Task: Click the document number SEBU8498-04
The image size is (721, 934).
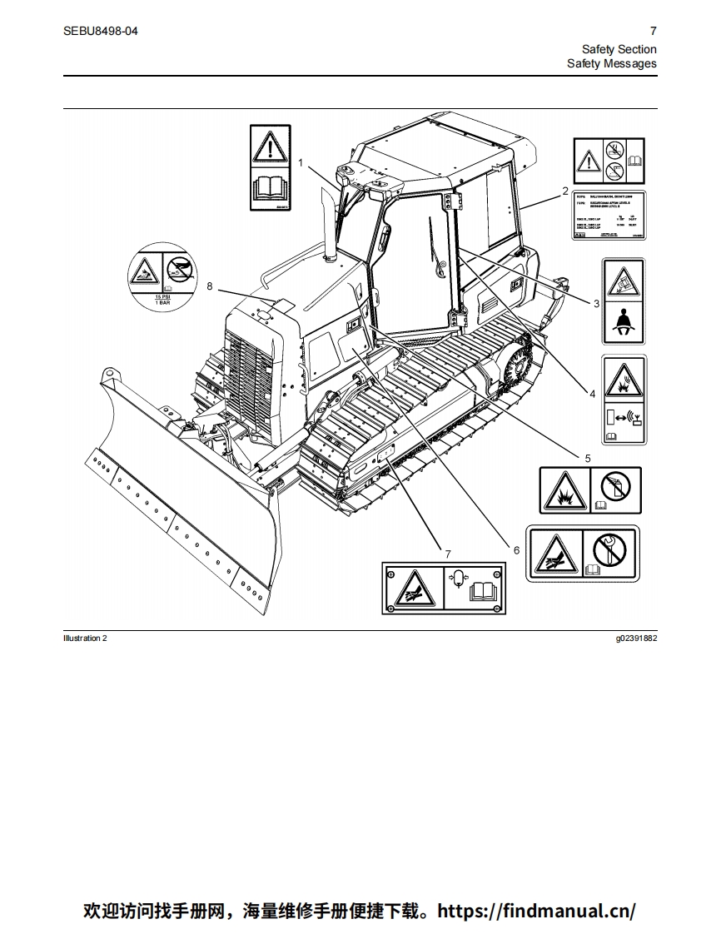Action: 101,31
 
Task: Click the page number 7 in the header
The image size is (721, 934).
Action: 653,31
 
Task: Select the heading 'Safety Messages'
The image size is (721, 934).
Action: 611,63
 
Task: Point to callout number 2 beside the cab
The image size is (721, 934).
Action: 565,191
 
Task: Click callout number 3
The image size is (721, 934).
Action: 596,304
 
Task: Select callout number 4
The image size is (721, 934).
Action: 592,394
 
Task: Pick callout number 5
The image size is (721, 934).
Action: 587,458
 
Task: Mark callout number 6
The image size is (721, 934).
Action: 515,549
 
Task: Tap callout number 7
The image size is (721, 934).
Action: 448,554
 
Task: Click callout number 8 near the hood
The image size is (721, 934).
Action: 210,286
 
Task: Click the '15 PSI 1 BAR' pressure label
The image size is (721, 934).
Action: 162,300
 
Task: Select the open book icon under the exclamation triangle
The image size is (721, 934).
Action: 271,189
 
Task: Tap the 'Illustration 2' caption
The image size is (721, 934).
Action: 85,638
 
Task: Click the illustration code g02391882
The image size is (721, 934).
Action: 635,638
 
